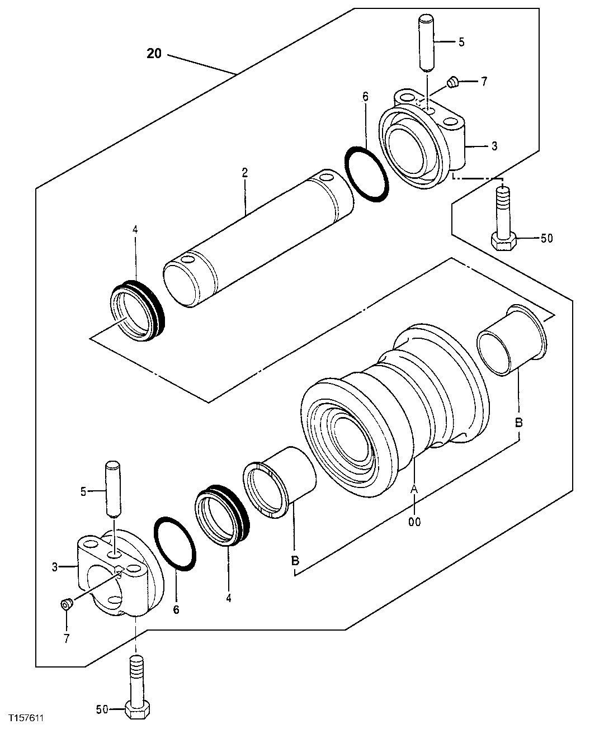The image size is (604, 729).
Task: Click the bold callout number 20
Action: (x=154, y=54)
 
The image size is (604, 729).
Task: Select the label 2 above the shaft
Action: (x=244, y=173)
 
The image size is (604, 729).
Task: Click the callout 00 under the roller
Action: (x=414, y=522)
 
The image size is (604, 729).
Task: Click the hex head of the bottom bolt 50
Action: (x=136, y=709)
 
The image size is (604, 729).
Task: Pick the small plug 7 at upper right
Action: (x=454, y=83)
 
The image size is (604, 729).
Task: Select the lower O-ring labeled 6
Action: (x=175, y=543)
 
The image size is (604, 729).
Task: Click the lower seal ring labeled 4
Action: (x=222, y=514)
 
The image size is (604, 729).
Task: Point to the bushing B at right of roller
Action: (x=513, y=342)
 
